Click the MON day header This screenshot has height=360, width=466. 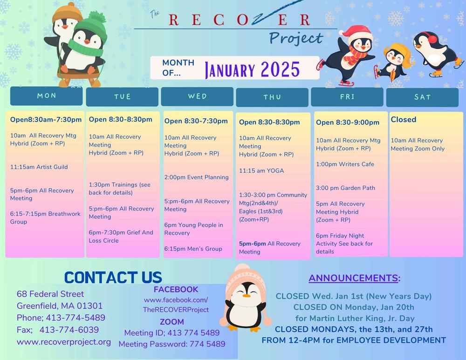pyautogui.click(x=46, y=96)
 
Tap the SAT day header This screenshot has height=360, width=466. pyautogui.click(x=422, y=97)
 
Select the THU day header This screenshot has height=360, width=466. pyautogui.click(x=272, y=97)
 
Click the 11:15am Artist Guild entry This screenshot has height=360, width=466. pyautogui.click(x=39, y=167)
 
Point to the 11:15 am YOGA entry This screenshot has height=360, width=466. pyautogui.click(x=261, y=171)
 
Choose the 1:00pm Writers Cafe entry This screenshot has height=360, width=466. pyautogui.click(x=345, y=164)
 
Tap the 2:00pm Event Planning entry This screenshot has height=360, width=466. pyautogui.click(x=197, y=177)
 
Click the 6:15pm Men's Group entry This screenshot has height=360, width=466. pyautogui.click(x=193, y=249)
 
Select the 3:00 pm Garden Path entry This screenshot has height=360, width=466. pyautogui.click(x=345, y=188)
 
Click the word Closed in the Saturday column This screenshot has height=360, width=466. pyautogui.click(x=403, y=119)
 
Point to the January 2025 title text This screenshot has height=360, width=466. pyautogui.click(x=252, y=70)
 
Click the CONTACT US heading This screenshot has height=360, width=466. pyautogui.click(x=113, y=278)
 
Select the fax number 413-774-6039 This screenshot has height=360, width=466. pyautogui.click(x=69, y=330)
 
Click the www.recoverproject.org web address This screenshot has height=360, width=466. pyautogui.click(x=64, y=342)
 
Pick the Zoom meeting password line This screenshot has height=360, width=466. pyautogui.click(x=172, y=344)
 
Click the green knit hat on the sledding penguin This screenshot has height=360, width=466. pyautogui.click(x=91, y=27)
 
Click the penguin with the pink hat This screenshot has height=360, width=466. pyautogui.click(x=246, y=298)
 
